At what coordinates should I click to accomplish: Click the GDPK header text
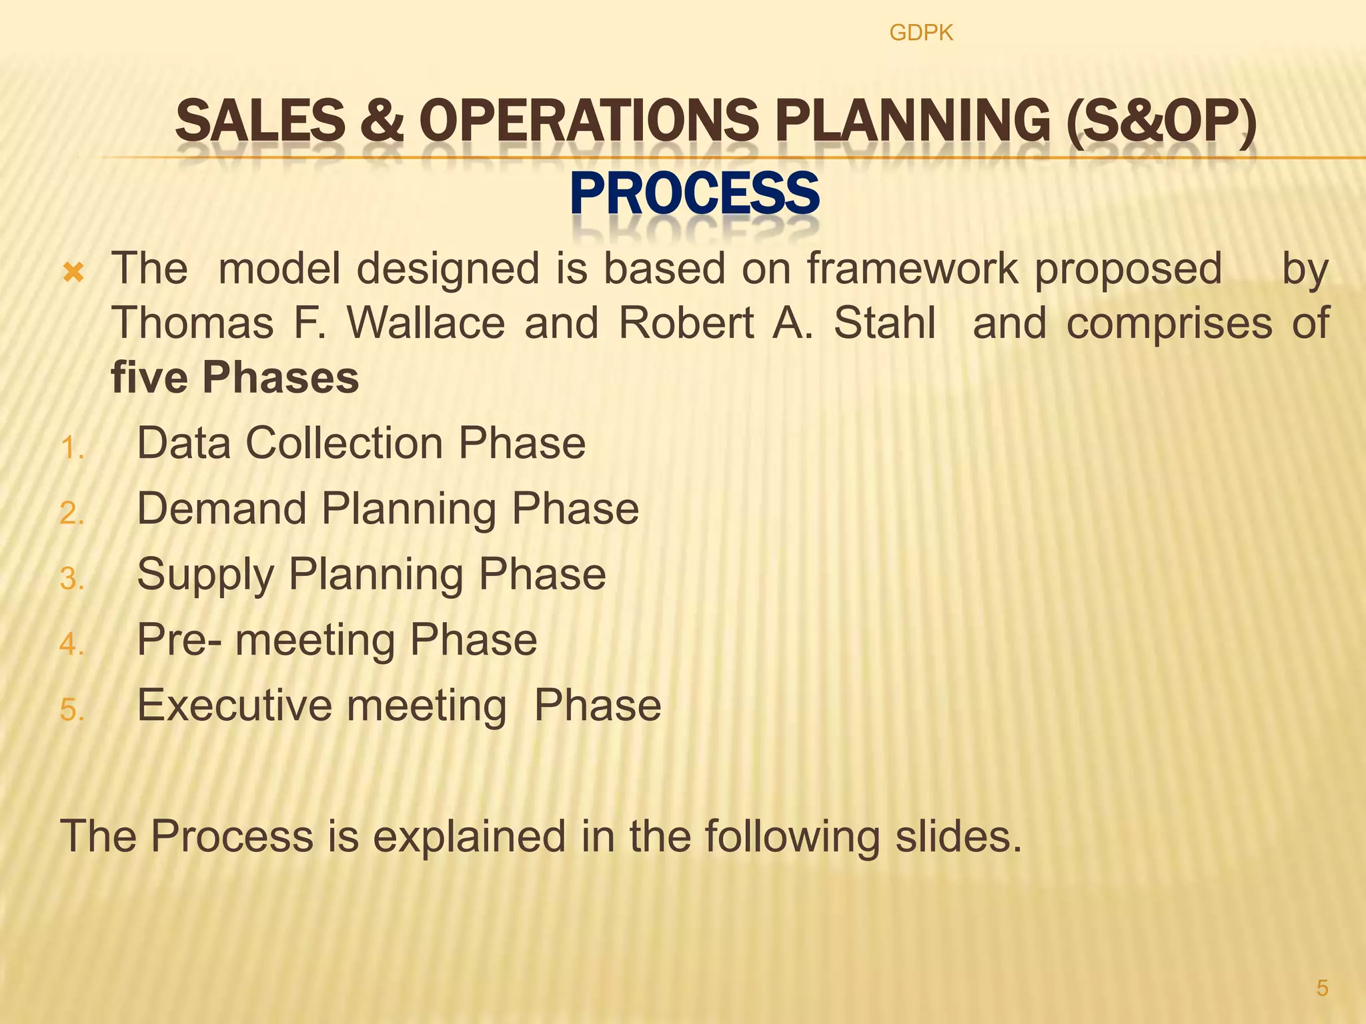921,33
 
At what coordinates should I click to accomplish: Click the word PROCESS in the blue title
694,194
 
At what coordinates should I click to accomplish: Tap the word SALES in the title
260,121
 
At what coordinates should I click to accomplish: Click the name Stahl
884,323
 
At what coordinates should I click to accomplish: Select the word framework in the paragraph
912,269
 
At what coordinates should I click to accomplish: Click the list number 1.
71,448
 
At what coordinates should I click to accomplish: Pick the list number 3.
71,579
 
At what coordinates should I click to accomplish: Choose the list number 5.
71,710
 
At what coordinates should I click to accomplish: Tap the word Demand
221,509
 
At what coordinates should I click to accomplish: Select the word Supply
205,575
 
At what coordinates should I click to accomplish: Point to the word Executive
234,705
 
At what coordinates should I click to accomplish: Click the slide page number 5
1322,988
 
